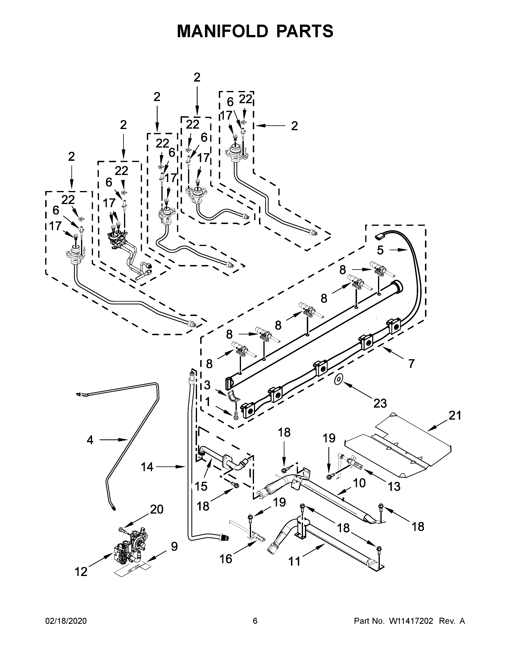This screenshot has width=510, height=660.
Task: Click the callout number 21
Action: (455, 416)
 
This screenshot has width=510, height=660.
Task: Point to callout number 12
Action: (81, 571)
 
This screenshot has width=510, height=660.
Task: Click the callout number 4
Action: (90, 440)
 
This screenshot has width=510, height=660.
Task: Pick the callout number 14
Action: (147, 467)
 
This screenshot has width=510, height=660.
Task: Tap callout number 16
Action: (226, 559)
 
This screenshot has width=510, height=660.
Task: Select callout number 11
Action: (295, 561)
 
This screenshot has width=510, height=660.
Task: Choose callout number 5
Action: (380, 250)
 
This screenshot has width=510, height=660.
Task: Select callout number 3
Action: (207, 385)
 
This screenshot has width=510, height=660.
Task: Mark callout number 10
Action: (359, 483)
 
